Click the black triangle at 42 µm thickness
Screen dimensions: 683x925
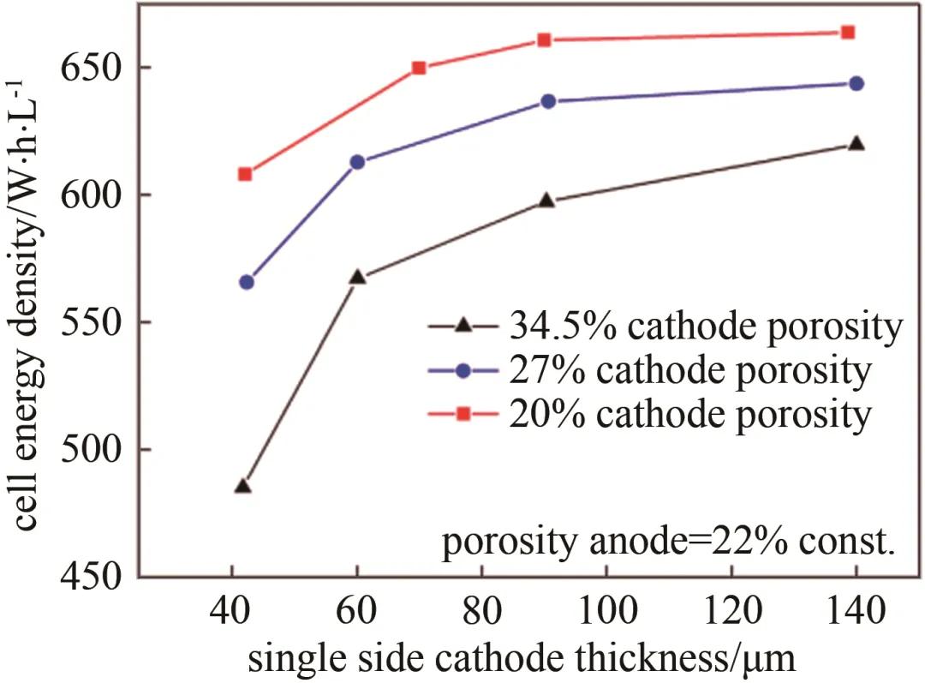tap(242, 487)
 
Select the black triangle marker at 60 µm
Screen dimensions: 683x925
tap(358, 277)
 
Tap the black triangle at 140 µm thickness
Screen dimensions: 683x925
tap(856, 143)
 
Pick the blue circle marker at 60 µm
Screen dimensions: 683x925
tap(358, 162)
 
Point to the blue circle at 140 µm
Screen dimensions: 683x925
tap(856, 83)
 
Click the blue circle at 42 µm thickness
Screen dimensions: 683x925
tap(247, 282)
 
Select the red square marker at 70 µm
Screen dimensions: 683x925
tap(419, 68)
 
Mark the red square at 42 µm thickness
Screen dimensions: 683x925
tap(245, 174)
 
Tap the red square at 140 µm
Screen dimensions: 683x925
tap(848, 33)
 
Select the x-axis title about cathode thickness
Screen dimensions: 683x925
tap(523, 659)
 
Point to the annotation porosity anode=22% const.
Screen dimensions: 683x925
tap(668, 543)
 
